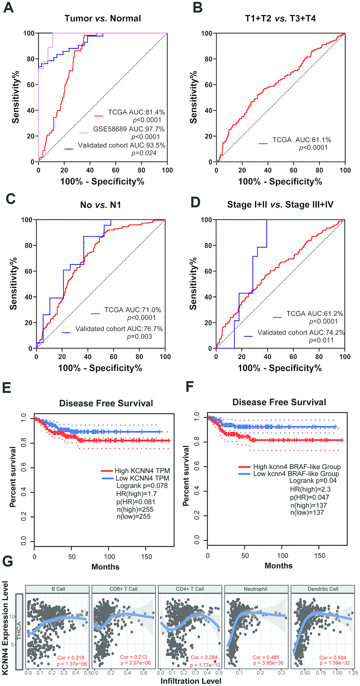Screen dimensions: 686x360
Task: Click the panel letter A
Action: pyautogui.click(x=8, y=7)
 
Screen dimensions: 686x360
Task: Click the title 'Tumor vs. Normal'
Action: pyautogui.click(x=103, y=19)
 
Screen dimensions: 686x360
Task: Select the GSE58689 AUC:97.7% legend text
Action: pyautogui.click(x=129, y=129)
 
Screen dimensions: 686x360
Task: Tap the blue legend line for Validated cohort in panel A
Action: pyautogui.click(x=69, y=149)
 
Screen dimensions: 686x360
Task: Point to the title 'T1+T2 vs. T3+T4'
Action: pyautogui.click(x=280, y=19)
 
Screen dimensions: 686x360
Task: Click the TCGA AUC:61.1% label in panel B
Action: pyautogui.click(x=301, y=140)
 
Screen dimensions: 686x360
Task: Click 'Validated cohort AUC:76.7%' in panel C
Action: pyautogui.click(x=119, y=329)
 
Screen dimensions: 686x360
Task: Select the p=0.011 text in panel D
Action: pyautogui.click(x=321, y=340)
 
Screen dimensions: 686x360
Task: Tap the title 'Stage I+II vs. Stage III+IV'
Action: pyautogui.click(x=280, y=205)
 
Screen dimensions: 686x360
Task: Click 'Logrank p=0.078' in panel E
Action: pyautogui.click(x=142, y=486)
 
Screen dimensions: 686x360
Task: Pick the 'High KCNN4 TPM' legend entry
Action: pyautogui.click(x=142, y=471)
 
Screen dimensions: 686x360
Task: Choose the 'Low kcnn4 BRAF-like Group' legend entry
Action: pyautogui.click(x=296, y=474)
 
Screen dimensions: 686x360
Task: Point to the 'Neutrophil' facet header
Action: pyautogui.click(x=255, y=589)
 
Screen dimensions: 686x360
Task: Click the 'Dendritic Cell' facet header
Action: pyautogui.click(x=323, y=589)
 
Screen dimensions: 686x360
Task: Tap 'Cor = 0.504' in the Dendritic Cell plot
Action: pyautogui.click(x=332, y=658)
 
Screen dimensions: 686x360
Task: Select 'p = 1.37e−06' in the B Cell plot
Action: pyautogui.click(x=72, y=664)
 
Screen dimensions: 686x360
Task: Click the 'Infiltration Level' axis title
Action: pyautogui.click(x=191, y=681)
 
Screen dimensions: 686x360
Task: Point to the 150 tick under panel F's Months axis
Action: pyautogui.click(x=319, y=556)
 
